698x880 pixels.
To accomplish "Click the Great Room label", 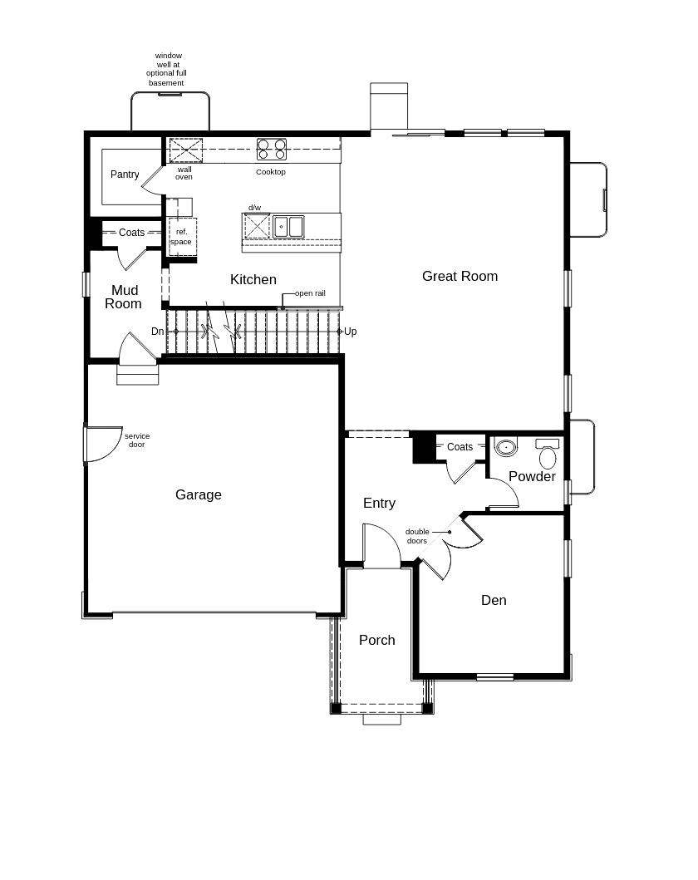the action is click(460, 276).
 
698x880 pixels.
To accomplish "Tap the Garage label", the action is click(198, 494).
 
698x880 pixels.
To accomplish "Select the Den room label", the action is click(494, 600).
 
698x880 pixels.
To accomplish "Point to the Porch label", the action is click(377, 640).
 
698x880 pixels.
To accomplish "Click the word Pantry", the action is click(125, 175).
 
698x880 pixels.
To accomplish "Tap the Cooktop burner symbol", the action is click(272, 150).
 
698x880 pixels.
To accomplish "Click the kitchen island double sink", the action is click(288, 227).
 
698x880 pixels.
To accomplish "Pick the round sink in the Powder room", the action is click(506, 447).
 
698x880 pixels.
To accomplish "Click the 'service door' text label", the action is click(137, 440).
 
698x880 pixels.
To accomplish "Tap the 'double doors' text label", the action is click(417, 536).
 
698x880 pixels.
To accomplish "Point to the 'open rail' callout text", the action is click(310, 293).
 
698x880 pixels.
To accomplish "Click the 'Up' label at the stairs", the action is click(350, 332).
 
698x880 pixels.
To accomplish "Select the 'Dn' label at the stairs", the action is click(158, 331).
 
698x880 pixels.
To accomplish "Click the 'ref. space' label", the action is click(181, 237).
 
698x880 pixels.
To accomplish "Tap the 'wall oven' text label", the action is click(184, 173).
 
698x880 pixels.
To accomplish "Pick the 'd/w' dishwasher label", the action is click(255, 208).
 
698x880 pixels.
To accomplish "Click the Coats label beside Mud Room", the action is click(132, 233).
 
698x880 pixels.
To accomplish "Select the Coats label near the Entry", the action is click(460, 447).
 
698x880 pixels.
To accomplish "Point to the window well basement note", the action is click(167, 69).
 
